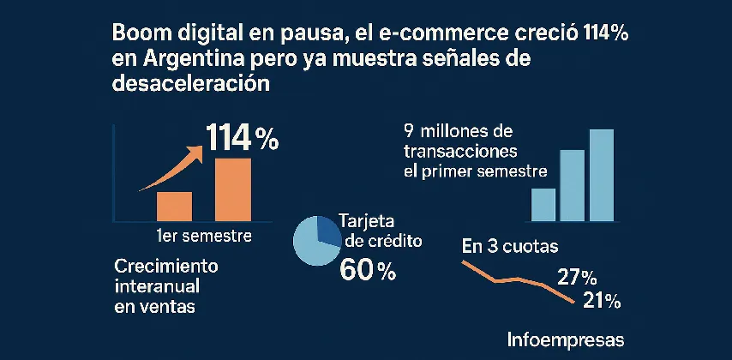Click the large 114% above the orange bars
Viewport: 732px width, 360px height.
(x=242, y=138)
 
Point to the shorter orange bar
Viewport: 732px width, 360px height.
(x=175, y=206)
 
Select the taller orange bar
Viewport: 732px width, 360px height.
(x=232, y=189)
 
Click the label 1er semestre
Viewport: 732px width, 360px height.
(x=198, y=235)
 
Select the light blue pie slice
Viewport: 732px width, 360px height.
(x=313, y=244)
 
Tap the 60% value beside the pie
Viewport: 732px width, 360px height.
(x=369, y=271)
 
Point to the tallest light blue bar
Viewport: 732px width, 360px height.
(x=601, y=176)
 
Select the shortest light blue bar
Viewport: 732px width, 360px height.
(x=543, y=205)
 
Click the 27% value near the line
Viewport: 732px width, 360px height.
(x=577, y=277)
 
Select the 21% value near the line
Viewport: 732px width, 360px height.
(x=601, y=300)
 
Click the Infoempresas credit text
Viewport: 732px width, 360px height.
(x=567, y=337)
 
